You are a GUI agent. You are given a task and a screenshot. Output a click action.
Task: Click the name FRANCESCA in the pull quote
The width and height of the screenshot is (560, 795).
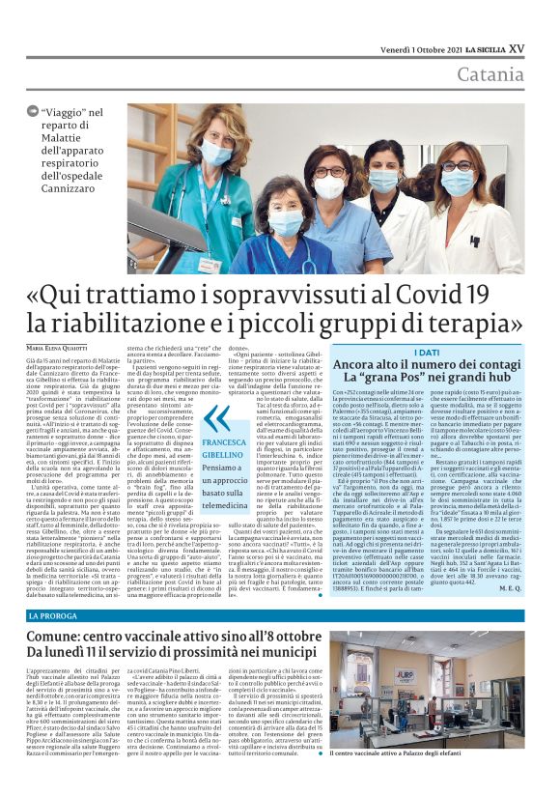[224, 440]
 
